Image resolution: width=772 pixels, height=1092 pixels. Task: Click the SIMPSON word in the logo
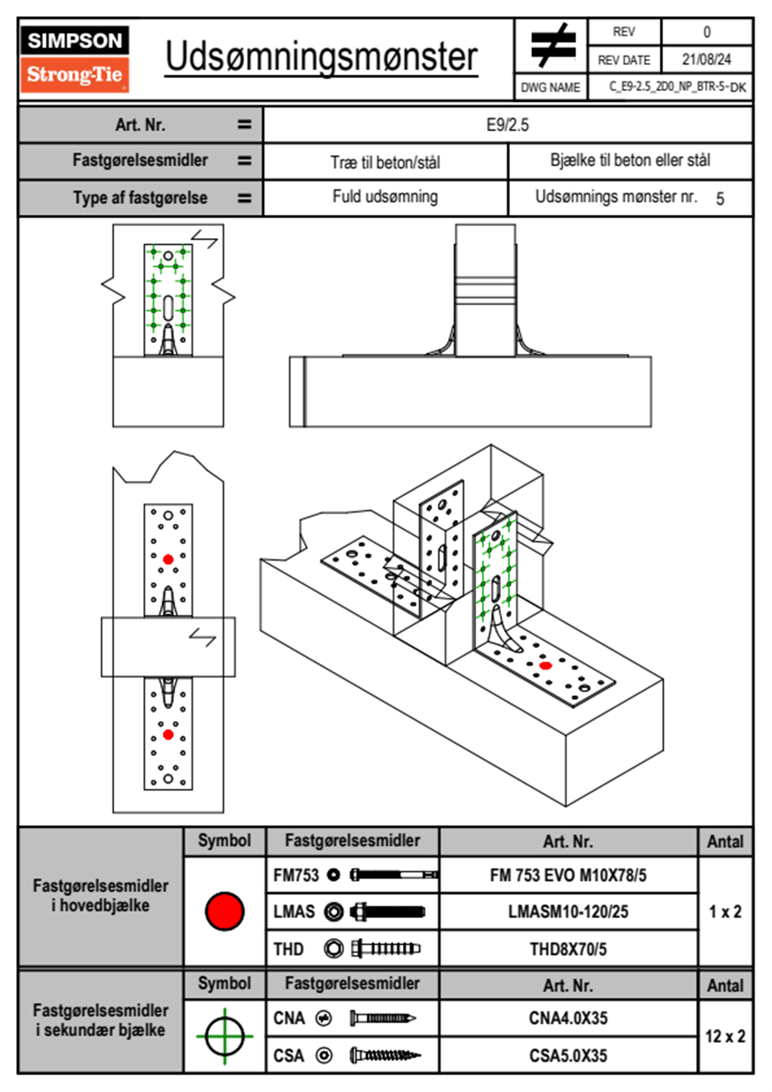[x=75, y=41]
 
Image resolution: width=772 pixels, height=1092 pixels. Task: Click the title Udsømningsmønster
[x=321, y=57]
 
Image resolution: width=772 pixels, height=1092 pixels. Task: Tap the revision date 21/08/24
[x=706, y=60]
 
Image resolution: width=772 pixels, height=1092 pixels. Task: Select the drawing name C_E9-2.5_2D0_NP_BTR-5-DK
[x=677, y=87]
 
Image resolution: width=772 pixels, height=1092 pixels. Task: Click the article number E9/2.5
[x=507, y=125]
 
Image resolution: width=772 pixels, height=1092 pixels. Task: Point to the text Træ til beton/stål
[x=385, y=162]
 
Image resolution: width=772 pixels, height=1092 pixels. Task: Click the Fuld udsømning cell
[x=385, y=197]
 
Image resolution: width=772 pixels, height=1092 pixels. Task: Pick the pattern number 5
[x=720, y=199]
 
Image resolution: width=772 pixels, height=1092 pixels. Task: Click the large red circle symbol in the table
[x=224, y=911]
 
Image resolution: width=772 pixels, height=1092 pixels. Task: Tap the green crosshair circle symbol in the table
[x=224, y=1036]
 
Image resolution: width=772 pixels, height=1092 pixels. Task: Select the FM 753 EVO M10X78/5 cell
[x=568, y=875]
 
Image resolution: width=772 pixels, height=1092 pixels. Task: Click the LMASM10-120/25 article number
[x=568, y=912]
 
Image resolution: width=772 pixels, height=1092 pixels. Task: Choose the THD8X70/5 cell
[x=568, y=949]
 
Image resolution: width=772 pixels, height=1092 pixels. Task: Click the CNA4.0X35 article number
[x=568, y=1018]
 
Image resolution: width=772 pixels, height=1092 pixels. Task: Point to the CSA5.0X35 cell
[x=568, y=1056]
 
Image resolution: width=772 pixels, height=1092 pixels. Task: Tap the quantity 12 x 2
[x=725, y=1036]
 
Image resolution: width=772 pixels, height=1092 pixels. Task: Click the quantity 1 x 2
[x=725, y=912]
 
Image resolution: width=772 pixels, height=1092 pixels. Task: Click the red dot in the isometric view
[x=546, y=665]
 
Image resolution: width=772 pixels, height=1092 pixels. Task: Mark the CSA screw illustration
[x=384, y=1056]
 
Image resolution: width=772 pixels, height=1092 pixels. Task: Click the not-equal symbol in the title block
[x=551, y=45]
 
